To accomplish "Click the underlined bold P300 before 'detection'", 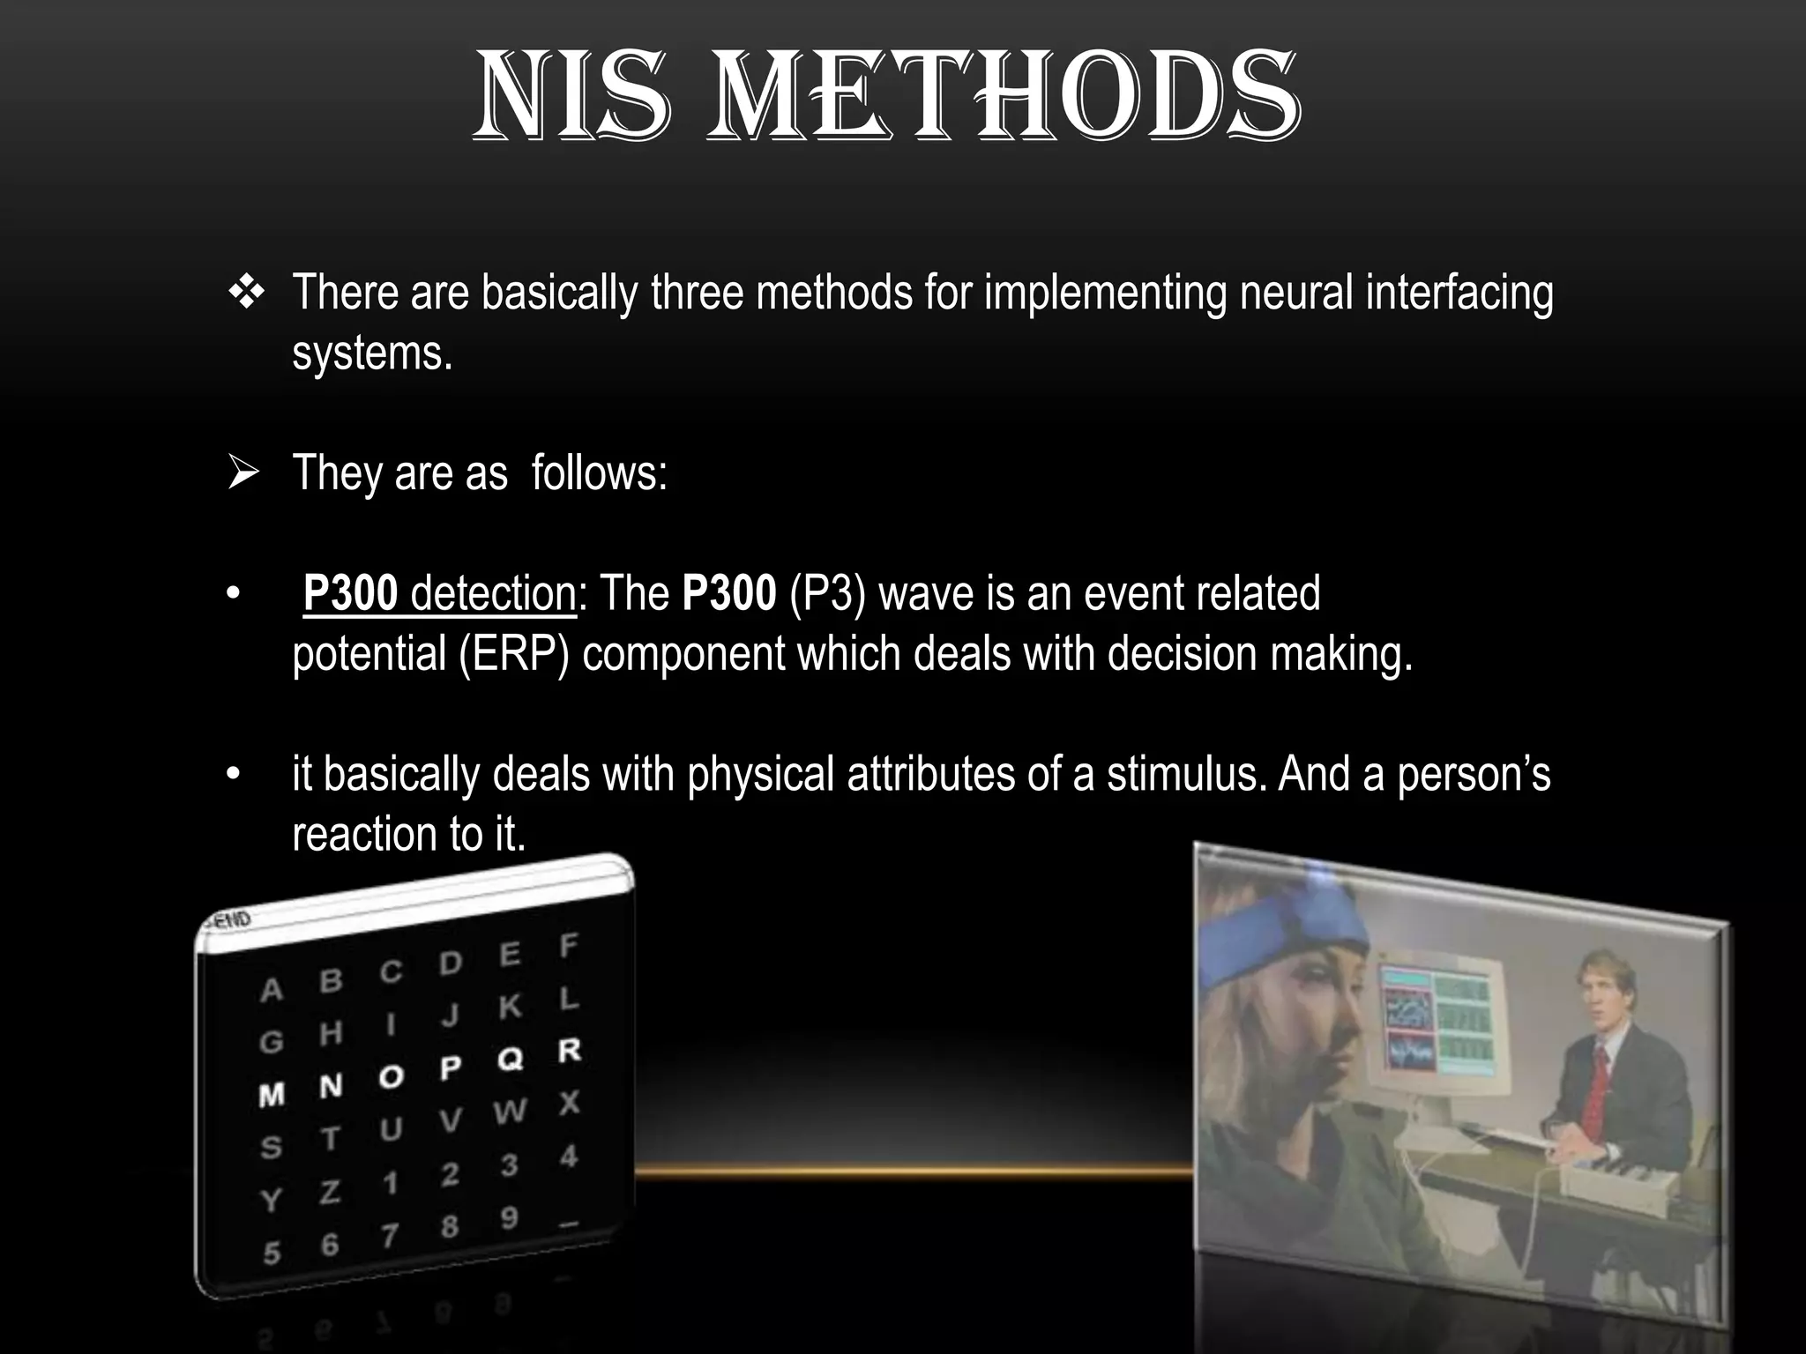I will click(x=351, y=593).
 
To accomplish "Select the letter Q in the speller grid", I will click(x=510, y=1059).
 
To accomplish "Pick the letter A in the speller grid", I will click(x=272, y=991).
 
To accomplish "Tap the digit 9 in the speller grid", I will click(x=509, y=1218).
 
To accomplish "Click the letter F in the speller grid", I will click(x=568, y=947).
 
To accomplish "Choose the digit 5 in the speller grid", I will click(x=272, y=1253).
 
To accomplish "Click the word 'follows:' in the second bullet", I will click(x=600, y=474).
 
